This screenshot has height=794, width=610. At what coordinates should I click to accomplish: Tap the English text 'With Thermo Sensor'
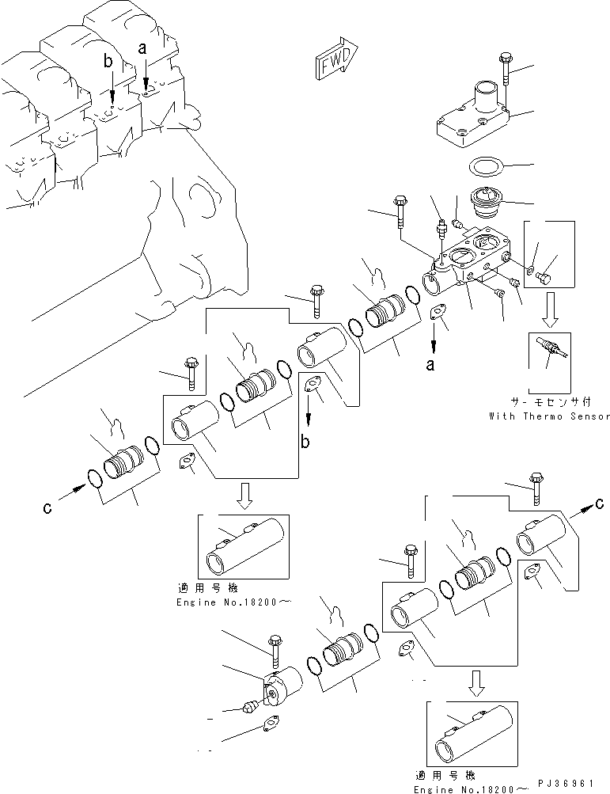pyautogui.click(x=549, y=416)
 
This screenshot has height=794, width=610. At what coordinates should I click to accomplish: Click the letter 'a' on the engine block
pyautogui.click(x=143, y=48)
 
